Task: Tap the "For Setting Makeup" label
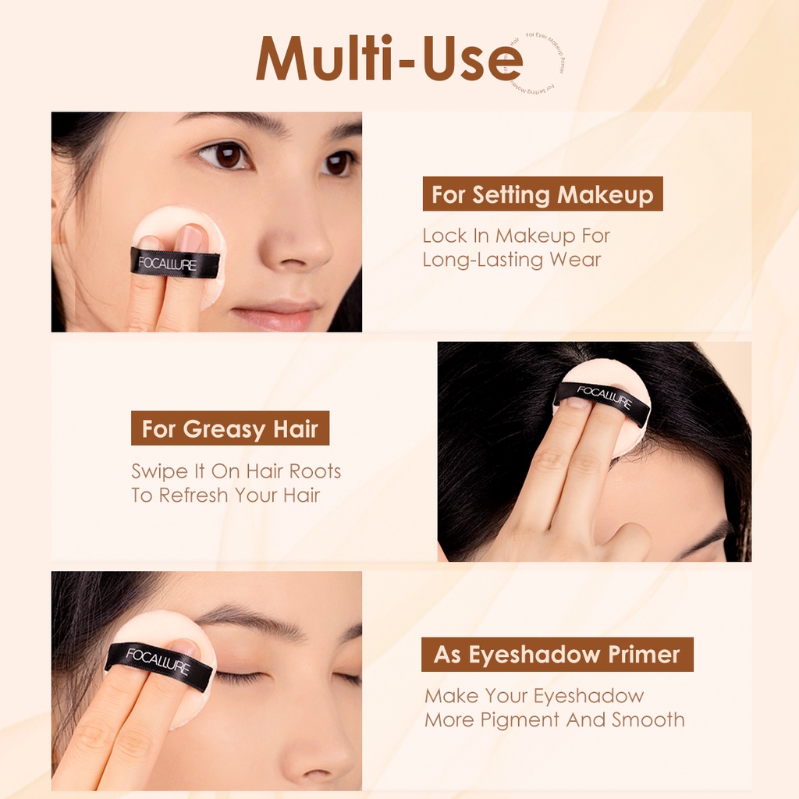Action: pos(542,194)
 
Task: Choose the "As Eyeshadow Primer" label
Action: pos(557,654)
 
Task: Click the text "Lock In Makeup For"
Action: pos(516,236)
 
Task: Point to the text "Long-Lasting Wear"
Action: pos(512,260)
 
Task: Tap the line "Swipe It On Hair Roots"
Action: pos(236,471)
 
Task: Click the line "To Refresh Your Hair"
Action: pos(225,495)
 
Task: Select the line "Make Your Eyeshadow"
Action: pos(534,695)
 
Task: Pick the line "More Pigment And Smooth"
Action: pos(554,719)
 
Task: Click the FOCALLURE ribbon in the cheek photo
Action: pos(174,263)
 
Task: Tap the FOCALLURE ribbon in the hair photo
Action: pos(602,403)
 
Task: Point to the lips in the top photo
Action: pos(275,314)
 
